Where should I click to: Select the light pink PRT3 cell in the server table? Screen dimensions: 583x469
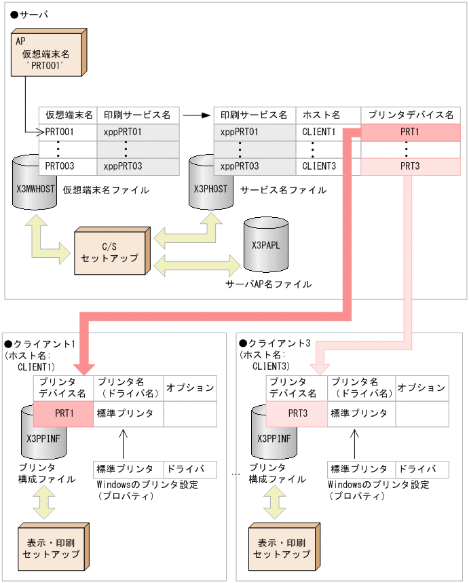pos(411,166)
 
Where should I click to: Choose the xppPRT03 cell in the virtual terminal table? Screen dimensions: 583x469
pos(138,166)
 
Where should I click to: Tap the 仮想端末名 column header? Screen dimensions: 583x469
pos(69,115)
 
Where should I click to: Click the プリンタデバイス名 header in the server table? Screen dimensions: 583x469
pos(411,115)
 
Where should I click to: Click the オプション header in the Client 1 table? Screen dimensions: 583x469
pos(191,388)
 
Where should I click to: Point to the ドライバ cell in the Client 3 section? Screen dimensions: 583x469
pos(423,469)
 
